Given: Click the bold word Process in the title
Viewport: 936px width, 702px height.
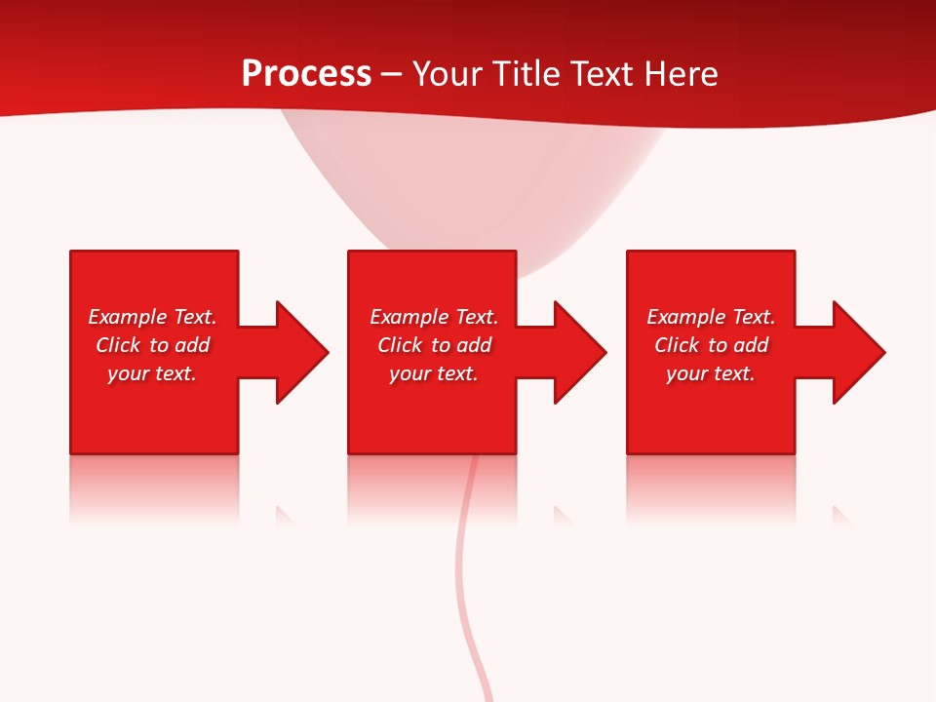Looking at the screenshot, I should (x=306, y=74).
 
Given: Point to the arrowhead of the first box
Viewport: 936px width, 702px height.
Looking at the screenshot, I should (x=301, y=352).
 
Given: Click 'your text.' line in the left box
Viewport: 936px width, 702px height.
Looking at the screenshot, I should (x=152, y=373).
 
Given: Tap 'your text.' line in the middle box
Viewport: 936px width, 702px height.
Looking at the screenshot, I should (x=434, y=373).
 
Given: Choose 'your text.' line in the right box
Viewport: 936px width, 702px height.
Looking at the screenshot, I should (x=711, y=373).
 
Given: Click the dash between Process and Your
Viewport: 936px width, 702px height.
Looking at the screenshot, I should (x=391, y=75).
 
